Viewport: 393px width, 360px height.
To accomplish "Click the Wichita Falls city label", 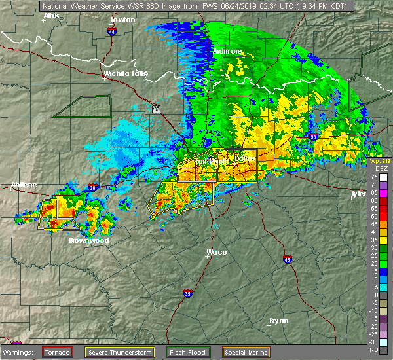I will point(124,73).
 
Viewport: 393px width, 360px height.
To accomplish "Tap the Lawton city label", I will point(123,20).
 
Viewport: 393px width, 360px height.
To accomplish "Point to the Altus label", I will point(50,15).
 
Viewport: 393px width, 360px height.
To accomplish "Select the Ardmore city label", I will point(228,51).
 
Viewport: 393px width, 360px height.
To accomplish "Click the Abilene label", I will point(24,185).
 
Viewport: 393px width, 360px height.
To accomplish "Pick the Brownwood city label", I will point(88,240).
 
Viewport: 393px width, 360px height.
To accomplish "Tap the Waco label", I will point(217,252).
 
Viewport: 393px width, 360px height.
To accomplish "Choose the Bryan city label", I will point(279,321).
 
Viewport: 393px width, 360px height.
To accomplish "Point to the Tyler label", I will point(358,194).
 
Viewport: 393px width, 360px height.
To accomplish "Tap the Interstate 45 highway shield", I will point(288,260).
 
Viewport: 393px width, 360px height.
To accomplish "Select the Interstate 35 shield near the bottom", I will point(187,293).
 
